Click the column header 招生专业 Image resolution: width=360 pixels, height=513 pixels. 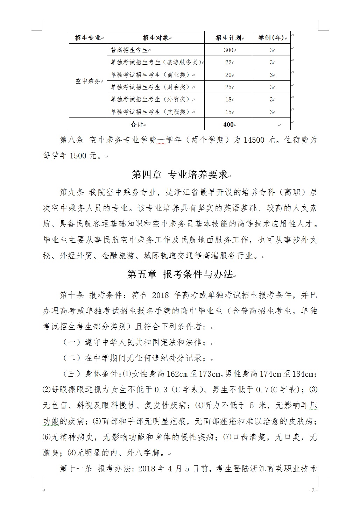[x=88, y=38]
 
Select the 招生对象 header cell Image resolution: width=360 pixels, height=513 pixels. [x=156, y=38]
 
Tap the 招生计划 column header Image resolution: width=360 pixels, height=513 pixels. [x=228, y=38]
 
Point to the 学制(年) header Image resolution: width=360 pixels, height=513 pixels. [x=271, y=38]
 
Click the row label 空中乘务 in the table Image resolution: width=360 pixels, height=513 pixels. [x=88, y=81]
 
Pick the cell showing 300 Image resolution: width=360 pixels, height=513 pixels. [x=228, y=50]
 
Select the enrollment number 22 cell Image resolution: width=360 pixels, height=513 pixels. [x=228, y=63]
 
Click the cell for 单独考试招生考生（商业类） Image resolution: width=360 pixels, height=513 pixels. [x=151, y=75]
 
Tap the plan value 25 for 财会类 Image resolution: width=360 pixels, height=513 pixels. [x=228, y=87]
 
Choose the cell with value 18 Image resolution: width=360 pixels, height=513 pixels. [x=228, y=100]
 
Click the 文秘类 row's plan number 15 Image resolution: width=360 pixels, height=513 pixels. [x=228, y=112]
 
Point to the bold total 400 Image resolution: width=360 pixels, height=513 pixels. [x=228, y=124]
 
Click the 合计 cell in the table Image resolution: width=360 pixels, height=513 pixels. [x=137, y=124]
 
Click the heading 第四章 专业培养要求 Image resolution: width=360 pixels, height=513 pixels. [x=180, y=174]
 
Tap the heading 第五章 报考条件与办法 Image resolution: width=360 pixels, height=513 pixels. [x=180, y=275]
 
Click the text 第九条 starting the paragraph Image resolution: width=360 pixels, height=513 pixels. [x=72, y=192]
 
